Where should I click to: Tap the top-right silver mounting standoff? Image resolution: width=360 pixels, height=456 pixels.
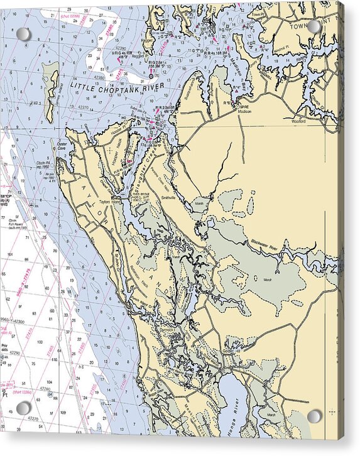coord(314,27)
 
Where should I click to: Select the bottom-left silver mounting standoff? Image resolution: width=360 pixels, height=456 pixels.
coord(24,408)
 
